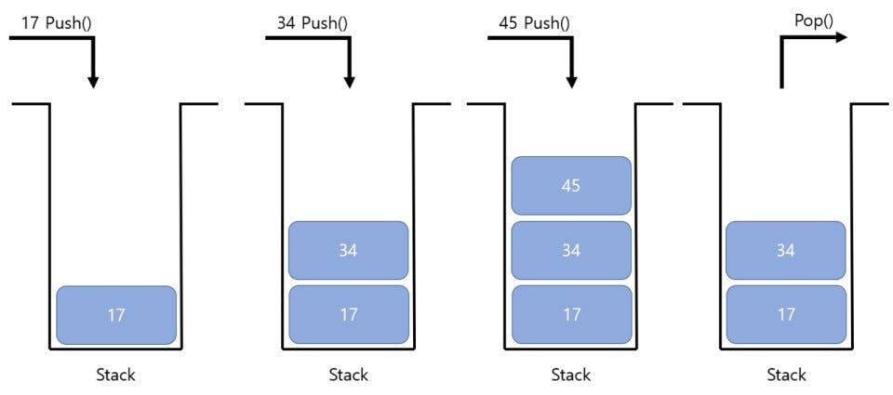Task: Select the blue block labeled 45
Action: tap(571, 186)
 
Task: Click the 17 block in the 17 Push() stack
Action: tap(116, 315)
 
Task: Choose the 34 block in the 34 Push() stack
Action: tap(349, 250)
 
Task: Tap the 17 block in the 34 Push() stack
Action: tap(349, 315)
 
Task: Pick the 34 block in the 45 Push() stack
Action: tap(571, 250)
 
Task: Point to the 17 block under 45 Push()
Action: tap(571, 315)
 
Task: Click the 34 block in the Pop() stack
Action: tap(786, 250)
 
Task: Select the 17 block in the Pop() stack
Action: tap(786, 315)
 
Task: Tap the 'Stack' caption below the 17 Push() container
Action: tap(115, 375)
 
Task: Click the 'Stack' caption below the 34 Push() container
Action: tap(348, 375)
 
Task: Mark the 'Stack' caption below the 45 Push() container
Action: tap(570, 375)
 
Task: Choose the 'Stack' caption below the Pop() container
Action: tap(786, 375)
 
